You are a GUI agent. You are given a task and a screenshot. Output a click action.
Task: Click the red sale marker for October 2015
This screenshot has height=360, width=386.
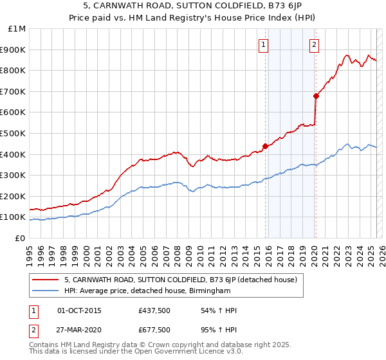coord(265,145)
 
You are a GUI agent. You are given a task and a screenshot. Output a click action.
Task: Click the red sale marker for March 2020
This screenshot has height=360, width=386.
coord(316,96)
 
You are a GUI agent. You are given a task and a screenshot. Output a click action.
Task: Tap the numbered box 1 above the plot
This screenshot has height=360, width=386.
coord(264,45)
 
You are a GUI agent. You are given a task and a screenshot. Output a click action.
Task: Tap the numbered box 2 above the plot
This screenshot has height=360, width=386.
coord(314,45)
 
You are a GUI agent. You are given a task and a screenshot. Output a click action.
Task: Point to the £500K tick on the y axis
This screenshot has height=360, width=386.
coord(14,133)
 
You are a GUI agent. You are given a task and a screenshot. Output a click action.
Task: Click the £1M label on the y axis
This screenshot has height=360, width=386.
coord(17,28)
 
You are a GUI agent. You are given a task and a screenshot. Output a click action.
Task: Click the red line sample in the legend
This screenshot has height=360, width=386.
coord(46,280)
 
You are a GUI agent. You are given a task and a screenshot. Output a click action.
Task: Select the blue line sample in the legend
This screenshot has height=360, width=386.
coord(46,291)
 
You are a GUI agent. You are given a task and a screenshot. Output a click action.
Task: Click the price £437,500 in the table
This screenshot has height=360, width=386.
coord(155,310)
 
